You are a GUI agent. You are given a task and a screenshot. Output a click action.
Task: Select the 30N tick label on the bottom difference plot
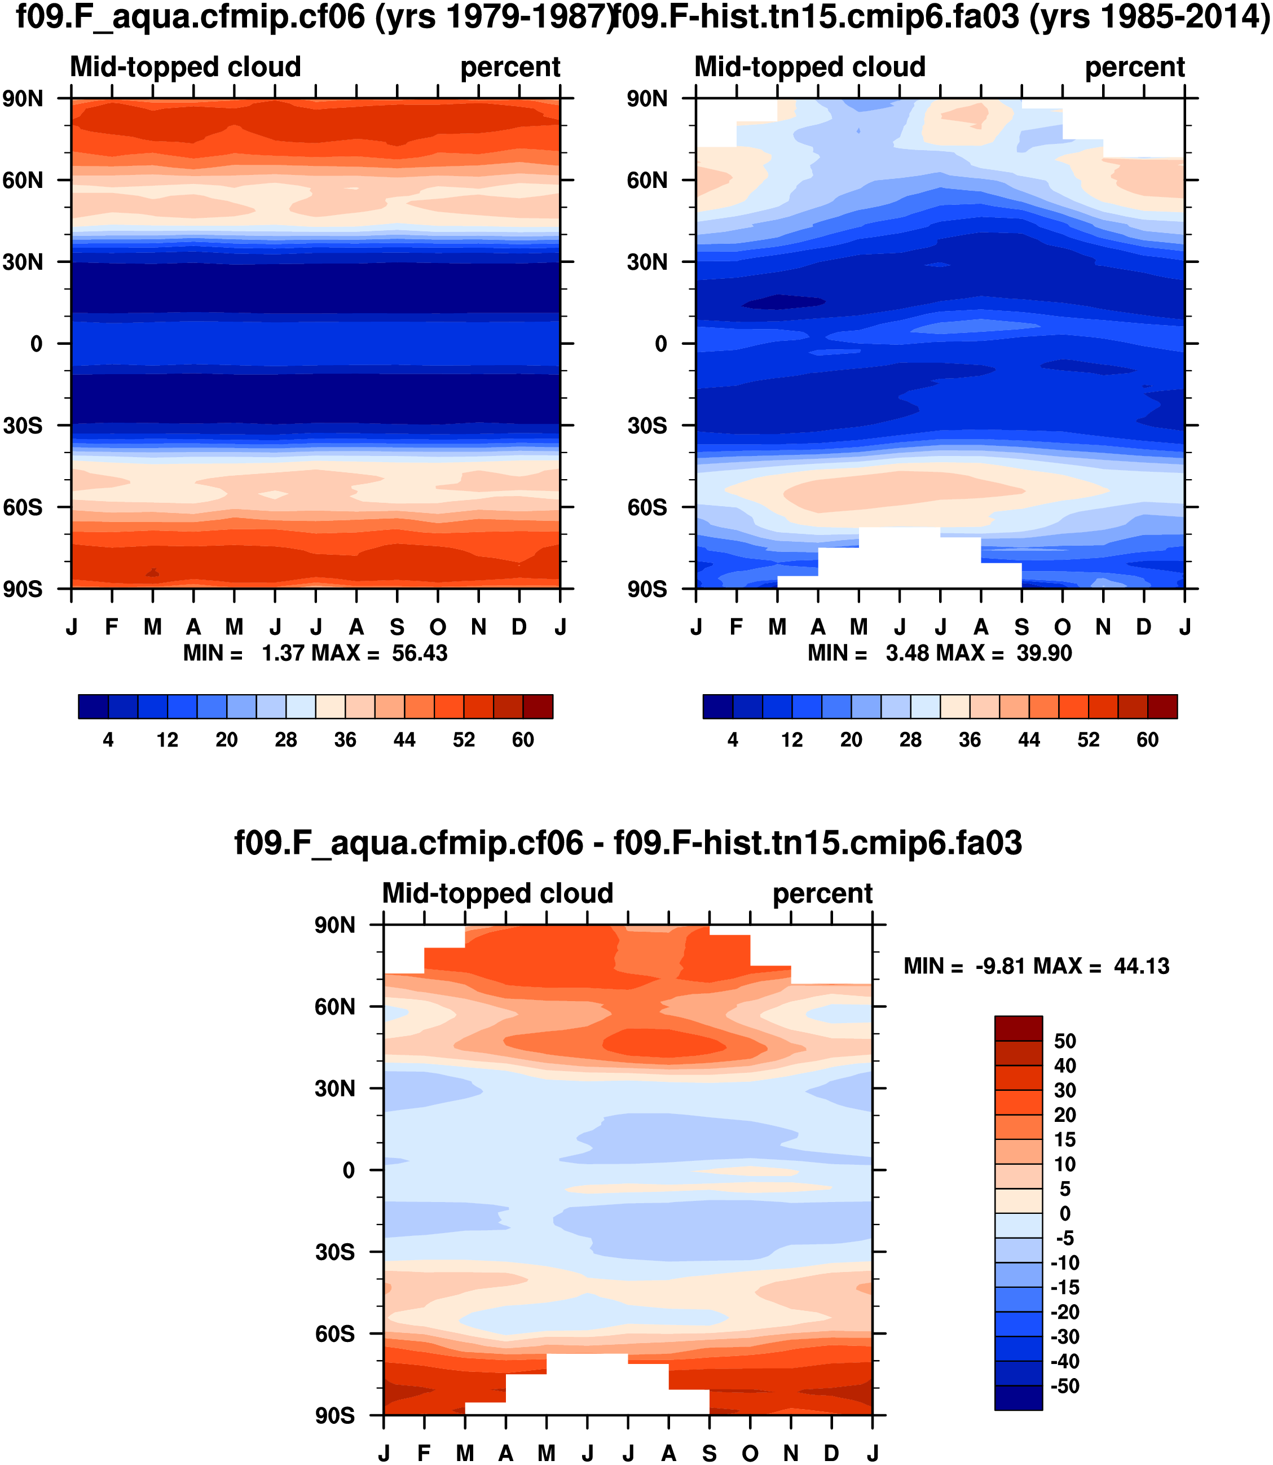point(334,1088)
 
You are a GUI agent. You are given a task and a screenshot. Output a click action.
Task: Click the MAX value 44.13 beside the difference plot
point(1142,966)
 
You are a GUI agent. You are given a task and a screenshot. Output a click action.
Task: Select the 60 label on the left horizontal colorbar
point(523,740)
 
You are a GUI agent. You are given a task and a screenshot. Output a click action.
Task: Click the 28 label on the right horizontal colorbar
point(911,740)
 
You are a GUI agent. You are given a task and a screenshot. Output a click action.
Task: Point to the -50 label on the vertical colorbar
point(1064,1386)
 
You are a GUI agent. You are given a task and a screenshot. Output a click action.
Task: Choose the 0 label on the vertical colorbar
point(1065,1213)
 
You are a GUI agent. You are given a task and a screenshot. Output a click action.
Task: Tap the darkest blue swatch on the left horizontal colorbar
point(93,707)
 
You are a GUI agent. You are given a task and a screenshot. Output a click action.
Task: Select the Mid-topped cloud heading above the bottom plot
point(497,893)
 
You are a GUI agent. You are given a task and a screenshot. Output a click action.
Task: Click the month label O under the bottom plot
point(750,1454)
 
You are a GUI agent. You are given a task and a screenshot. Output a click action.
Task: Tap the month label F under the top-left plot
point(112,627)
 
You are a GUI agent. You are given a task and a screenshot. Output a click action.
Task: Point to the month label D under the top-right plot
point(1144,627)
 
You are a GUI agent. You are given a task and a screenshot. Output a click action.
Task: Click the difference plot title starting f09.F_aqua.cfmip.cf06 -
point(628,843)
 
